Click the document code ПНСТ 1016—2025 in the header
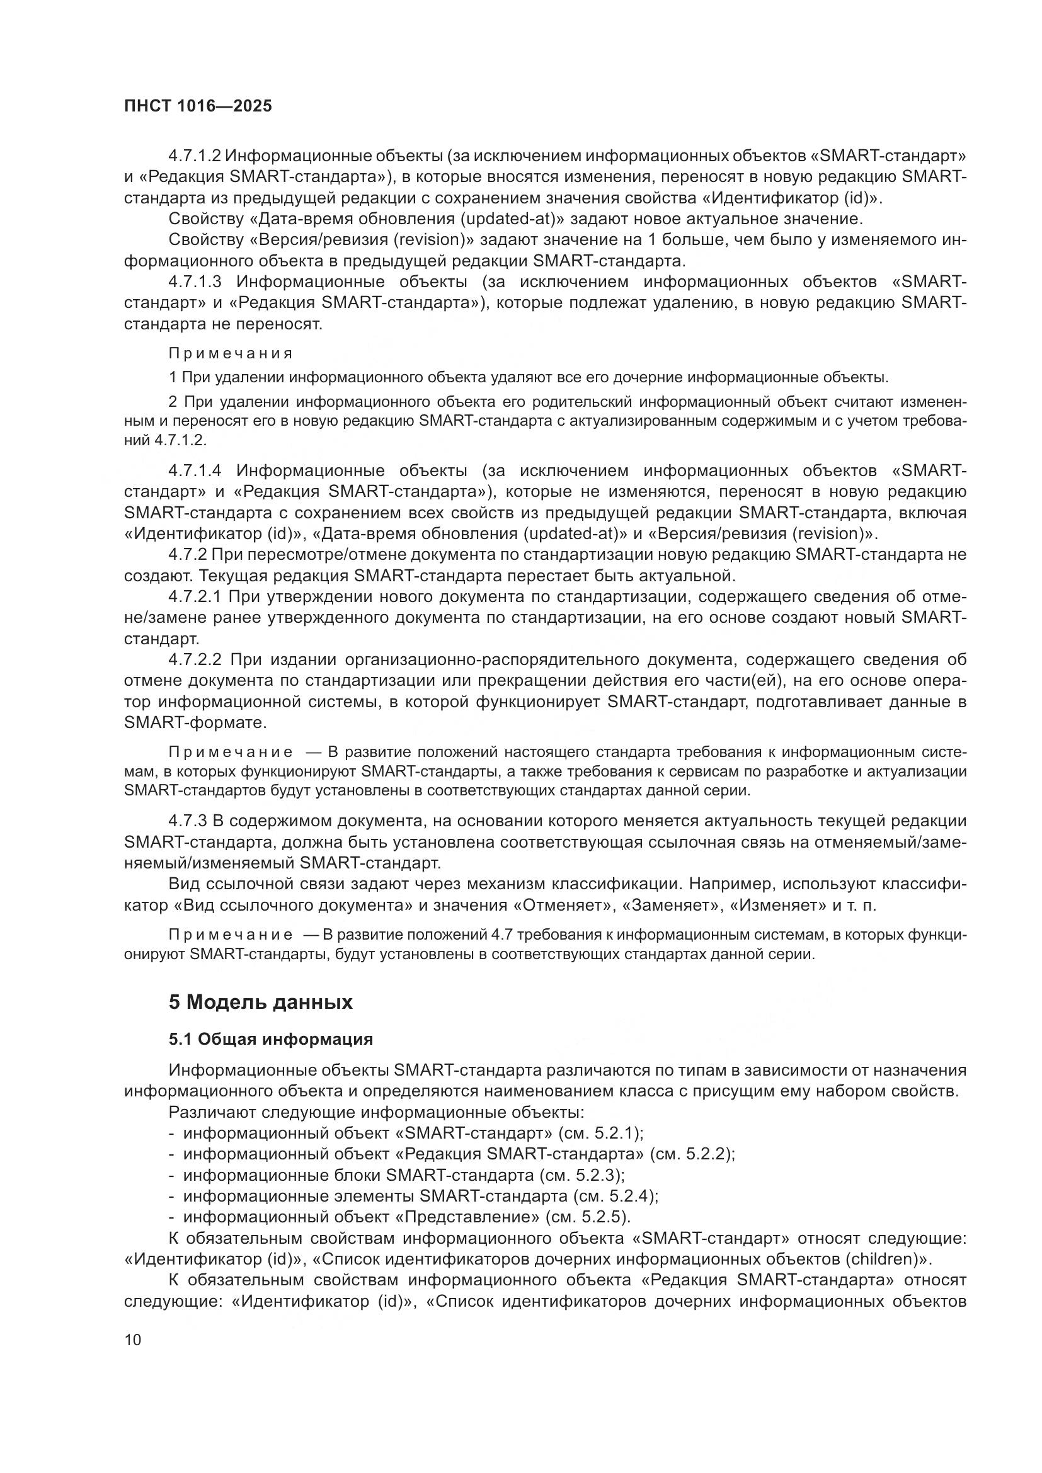pyautogui.click(x=198, y=106)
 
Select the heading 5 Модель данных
pyautogui.click(x=261, y=1002)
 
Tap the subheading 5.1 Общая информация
pyautogui.click(x=271, y=1039)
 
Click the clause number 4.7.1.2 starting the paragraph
pyautogui.click(x=195, y=156)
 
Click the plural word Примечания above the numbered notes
pyautogui.click(x=231, y=353)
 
